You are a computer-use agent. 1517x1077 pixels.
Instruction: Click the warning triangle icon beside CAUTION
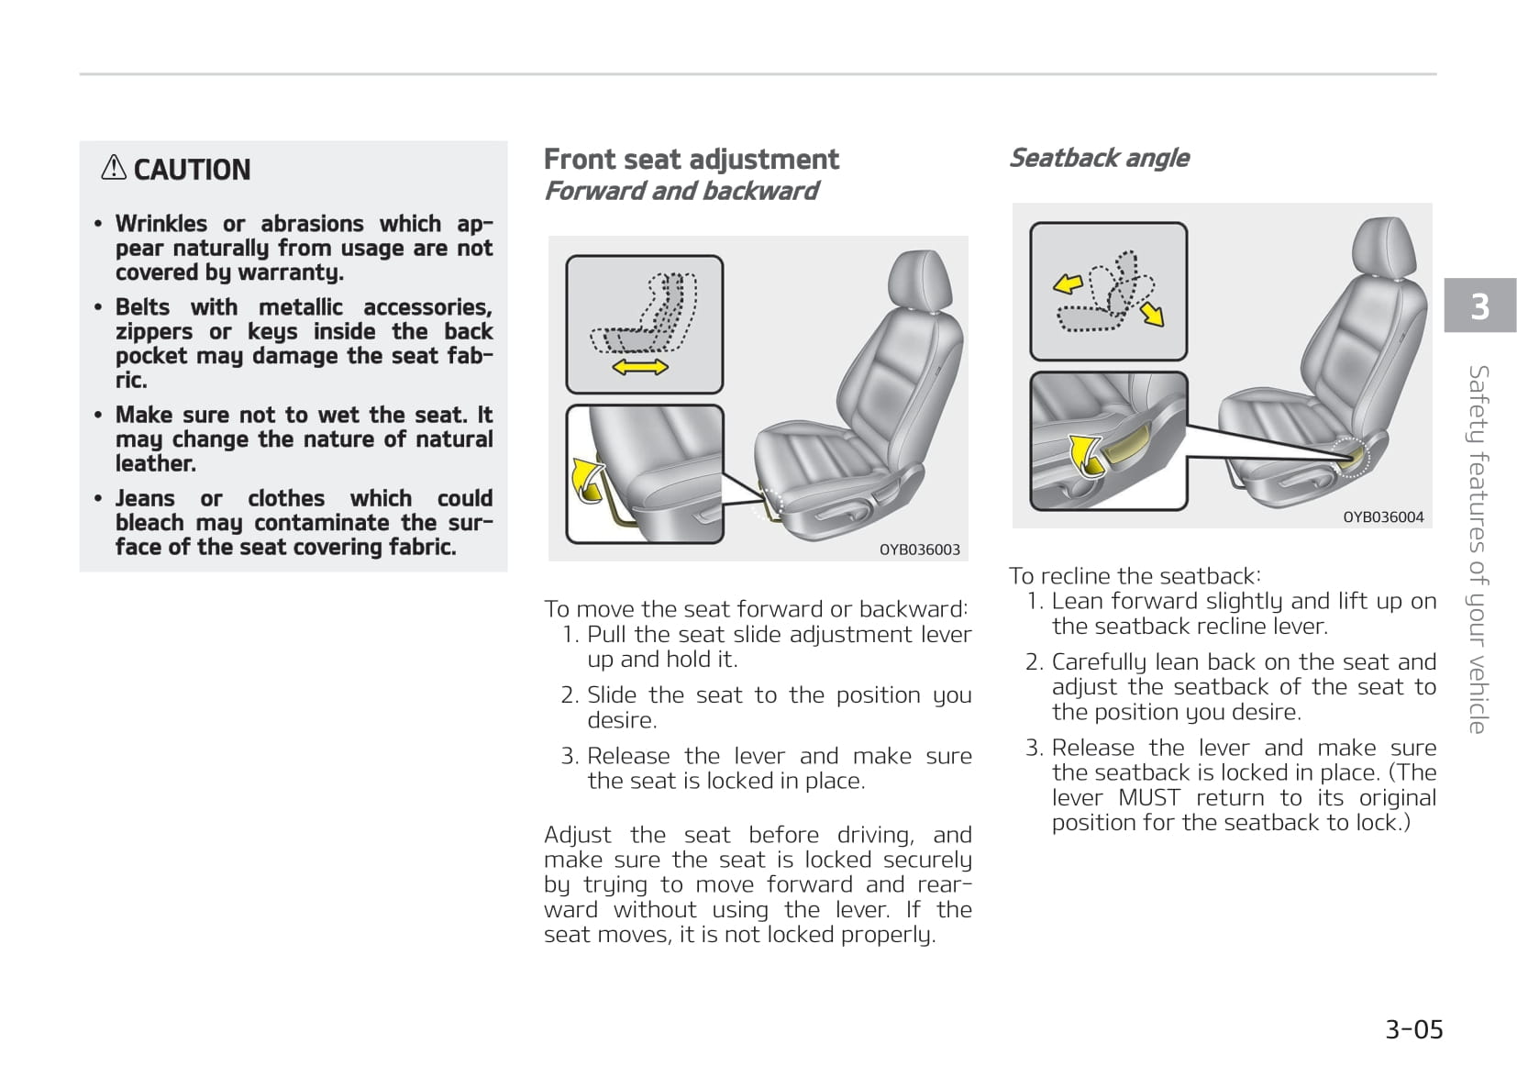pos(114,168)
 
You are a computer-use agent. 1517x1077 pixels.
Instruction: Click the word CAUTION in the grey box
pos(192,170)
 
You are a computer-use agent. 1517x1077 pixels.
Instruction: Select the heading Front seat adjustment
pos(691,160)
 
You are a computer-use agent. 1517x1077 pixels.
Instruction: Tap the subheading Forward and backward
pos(681,191)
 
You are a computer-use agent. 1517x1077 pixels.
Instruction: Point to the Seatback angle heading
pos(1099,158)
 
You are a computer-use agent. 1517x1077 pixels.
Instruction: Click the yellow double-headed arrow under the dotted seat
pos(640,367)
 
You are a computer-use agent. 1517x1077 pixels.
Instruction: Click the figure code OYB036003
pos(919,550)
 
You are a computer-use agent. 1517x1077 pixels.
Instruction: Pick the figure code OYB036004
pos(1383,517)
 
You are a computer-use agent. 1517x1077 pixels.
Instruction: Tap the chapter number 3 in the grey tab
pos(1479,305)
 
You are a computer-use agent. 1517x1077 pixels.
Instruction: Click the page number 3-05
pos(1413,1029)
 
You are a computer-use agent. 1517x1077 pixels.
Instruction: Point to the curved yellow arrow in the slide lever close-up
pos(585,477)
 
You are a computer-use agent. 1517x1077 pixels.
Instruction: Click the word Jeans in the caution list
pos(145,498)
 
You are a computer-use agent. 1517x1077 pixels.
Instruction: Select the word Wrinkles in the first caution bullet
pos(161,224)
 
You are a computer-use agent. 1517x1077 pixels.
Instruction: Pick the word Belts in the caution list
pos(142,307)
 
